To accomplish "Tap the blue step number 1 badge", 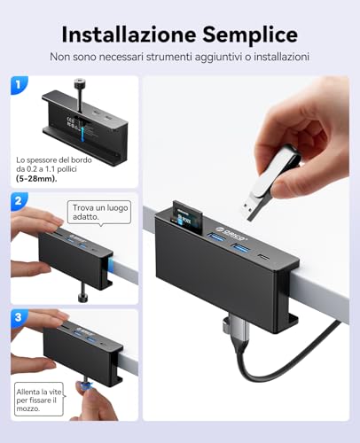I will pos(19,85).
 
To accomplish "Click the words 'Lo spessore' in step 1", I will pos(35,159).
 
